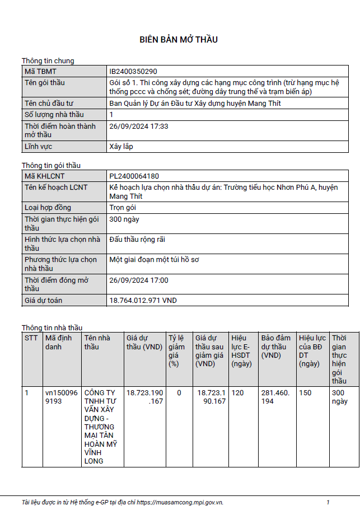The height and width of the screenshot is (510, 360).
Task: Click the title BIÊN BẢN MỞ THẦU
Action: point(179,40)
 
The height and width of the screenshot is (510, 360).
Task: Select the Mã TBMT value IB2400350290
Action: point(133,72)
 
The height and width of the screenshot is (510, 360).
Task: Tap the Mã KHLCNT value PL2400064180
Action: point(134,176)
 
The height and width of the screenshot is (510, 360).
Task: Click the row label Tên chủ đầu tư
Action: point(49,104)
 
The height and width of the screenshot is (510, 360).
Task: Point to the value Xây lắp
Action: point(121,147)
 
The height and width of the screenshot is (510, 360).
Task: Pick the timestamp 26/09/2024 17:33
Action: point(139,127)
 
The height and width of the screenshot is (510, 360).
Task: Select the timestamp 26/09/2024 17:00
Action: point(139,280)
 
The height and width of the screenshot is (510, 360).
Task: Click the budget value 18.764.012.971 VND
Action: point(143,301)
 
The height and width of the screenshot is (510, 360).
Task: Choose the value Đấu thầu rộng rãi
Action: point(137,240)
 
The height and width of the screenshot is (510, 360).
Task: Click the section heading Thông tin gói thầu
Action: point(51,165)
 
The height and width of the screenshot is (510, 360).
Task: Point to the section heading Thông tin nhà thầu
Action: point(52,327)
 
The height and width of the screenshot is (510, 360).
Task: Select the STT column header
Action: point(31,338)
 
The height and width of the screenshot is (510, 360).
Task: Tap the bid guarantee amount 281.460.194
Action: point(275,397)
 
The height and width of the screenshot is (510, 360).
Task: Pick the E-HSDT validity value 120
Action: point(237,393)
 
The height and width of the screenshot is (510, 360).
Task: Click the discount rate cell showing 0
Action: point(179,393)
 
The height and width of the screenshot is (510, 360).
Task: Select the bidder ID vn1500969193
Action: point(62,397)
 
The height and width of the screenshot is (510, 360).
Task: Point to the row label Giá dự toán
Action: point(44,301)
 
